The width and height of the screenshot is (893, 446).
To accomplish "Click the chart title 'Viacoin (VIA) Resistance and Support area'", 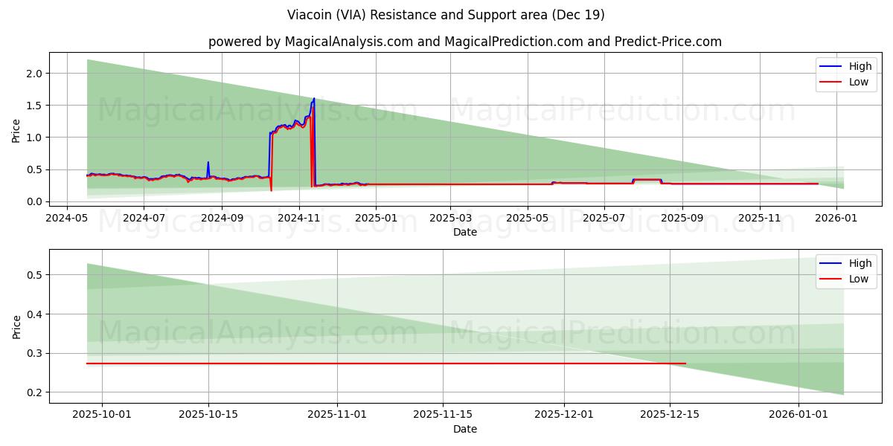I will coord(446,15).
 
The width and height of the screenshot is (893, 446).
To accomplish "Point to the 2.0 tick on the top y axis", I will coord(34,73).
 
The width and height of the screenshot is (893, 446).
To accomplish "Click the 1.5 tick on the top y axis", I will coord(34,105).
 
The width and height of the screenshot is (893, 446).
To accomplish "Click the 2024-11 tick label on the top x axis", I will coord(298,218).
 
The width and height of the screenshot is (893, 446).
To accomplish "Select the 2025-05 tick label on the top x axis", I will coord(528,218).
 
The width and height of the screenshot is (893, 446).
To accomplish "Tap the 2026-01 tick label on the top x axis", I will coord(837,218).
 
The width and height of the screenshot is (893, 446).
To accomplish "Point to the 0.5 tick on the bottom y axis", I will coord(34,275).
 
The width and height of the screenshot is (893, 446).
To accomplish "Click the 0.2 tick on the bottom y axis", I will coord(34,392).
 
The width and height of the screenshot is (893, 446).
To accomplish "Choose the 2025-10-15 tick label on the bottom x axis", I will coord(208,415).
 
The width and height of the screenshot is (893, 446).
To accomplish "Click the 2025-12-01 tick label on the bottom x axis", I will coord(563,415).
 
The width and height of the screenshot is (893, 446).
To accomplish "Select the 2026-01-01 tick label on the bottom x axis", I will coord(798,415).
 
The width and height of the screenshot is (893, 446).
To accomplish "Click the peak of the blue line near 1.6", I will coord(314,98).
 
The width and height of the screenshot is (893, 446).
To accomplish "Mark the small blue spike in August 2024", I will coord(208,162).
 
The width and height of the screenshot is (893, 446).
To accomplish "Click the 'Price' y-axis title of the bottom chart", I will coord(16,326).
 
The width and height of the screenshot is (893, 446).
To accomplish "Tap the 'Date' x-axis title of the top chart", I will coord(465,232).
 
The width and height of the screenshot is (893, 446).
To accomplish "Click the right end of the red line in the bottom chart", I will coord(685,363).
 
